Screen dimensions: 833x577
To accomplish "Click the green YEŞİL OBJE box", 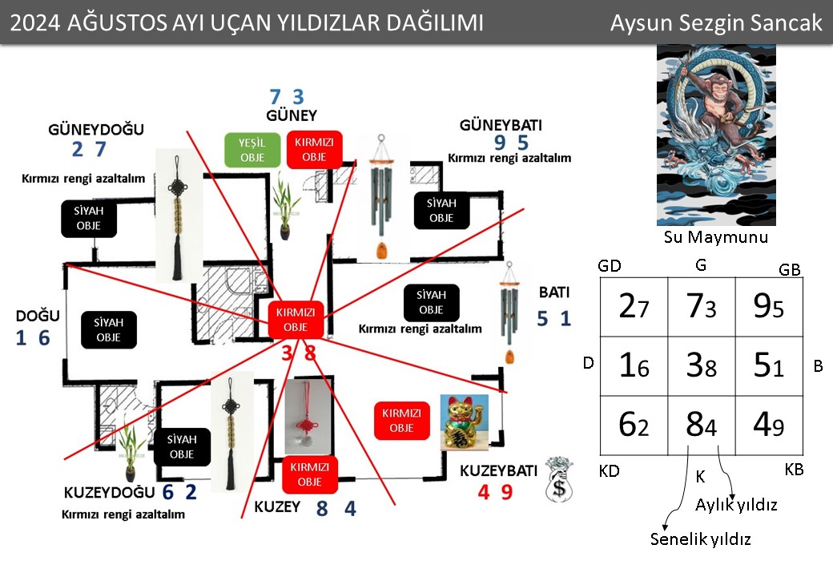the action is point(252,150).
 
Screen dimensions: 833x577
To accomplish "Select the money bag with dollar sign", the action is point(559,479).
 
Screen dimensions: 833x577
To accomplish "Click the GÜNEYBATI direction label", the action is point(501,125).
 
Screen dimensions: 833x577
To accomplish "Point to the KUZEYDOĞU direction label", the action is point(109,493).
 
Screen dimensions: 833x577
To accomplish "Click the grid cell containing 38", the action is point(702,365).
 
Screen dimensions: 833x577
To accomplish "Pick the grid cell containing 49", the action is point(769,425).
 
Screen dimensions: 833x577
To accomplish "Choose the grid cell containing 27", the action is point(634,307).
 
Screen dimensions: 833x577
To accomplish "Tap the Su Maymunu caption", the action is point(715,237).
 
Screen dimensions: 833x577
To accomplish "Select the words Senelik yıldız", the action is point(700,539).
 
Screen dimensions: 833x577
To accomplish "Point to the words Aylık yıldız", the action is point(736,504).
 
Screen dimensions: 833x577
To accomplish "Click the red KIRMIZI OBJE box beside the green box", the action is point(314,150).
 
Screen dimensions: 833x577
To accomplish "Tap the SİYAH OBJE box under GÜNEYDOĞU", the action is point(89,218).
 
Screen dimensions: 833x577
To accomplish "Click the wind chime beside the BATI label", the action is point(509,313).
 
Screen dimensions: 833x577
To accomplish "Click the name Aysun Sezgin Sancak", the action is point(715,23).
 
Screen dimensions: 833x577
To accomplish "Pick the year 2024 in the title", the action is point(35,23).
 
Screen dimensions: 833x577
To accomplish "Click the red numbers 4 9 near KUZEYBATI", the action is point(495,492).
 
